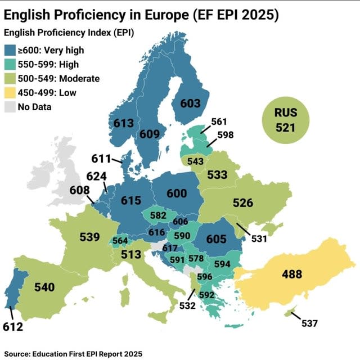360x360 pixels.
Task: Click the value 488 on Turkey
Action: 292,274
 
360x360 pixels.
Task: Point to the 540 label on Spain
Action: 44,287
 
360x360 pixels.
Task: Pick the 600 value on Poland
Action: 177,193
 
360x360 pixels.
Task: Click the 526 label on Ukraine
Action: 243,203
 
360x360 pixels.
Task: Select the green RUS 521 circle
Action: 285,120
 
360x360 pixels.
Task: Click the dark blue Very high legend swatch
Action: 12,51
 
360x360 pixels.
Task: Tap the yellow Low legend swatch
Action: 12,92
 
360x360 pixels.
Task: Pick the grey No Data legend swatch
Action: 12,105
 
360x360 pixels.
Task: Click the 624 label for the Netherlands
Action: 96,176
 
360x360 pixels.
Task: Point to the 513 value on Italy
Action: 131,255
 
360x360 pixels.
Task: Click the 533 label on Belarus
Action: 218,175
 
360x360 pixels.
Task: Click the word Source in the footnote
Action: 19,353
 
